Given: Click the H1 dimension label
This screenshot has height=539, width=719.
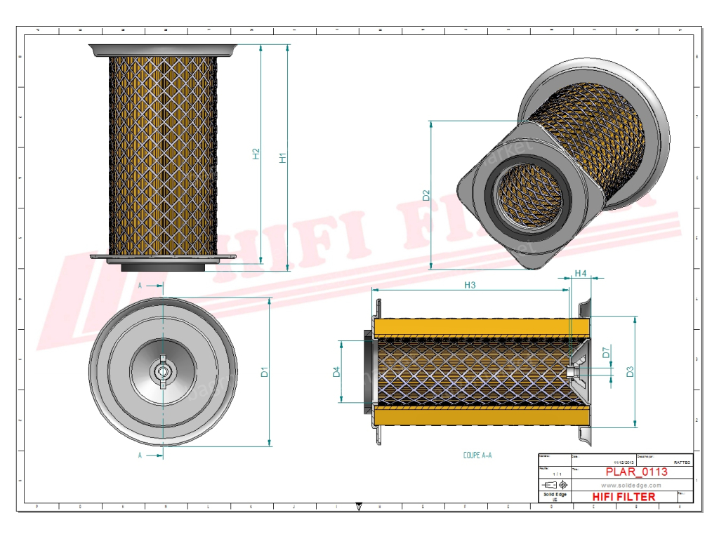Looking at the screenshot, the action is [283, 158].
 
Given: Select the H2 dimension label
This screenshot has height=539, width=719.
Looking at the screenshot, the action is [256, 154].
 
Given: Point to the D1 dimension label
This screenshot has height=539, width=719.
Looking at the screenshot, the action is [265, 372].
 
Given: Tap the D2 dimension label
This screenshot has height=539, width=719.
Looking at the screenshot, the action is [426, 196].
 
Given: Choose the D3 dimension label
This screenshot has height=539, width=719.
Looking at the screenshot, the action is [630, 371].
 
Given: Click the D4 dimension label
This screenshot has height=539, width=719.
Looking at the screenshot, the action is [336, 372].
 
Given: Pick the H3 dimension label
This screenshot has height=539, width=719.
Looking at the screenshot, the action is [470, 284].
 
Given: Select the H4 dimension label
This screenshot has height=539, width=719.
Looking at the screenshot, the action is [580, 273].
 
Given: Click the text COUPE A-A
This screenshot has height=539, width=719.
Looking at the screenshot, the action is [477, 455].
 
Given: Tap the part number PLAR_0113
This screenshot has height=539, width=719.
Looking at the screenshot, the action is [627, 472].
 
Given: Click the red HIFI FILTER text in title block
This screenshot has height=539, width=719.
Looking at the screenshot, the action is [624, 497].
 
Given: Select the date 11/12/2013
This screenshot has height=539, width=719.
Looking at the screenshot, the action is [624, 463].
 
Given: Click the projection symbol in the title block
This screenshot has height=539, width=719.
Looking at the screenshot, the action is [555, 485].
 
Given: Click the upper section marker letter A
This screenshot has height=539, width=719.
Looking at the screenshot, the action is [140, 286].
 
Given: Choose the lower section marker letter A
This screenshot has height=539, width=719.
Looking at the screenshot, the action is [140, 455].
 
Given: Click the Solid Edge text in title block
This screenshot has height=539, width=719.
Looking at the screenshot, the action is [555, 495].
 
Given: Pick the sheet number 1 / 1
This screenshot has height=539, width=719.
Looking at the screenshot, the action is [554, 474].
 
